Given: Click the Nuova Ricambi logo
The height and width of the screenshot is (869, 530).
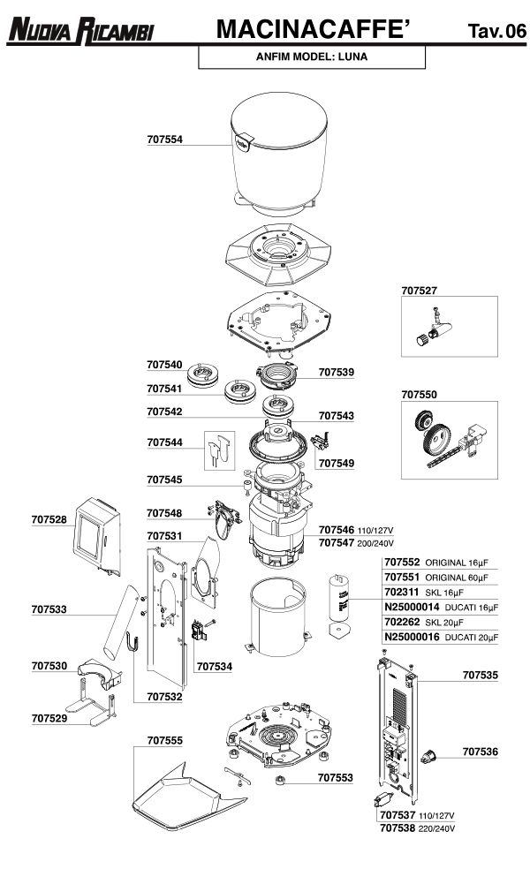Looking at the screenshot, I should click(80, 31).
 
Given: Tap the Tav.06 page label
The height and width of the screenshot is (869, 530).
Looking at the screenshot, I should click(496, 32).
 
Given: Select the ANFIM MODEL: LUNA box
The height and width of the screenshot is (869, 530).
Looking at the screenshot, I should click(311, 57).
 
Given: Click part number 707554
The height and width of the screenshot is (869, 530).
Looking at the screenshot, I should click(164, 140).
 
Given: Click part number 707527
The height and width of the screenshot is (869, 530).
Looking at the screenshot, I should click(419, 290).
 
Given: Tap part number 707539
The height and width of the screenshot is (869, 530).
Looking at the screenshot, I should click(336, 373).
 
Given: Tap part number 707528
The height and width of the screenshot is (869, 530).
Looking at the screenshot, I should click(49, 520).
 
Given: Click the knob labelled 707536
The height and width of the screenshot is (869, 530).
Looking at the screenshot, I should click(430, 755).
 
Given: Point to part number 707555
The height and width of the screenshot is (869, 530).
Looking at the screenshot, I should click(164, 740).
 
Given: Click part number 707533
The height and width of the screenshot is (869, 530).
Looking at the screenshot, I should click(49, 608).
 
